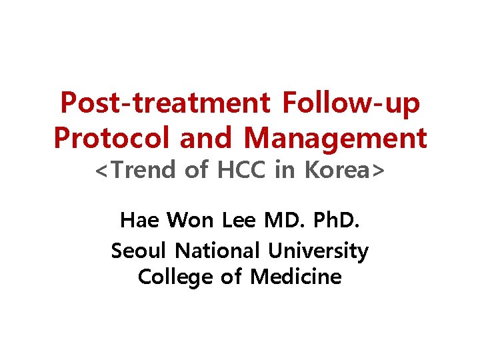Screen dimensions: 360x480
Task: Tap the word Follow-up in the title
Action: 352,104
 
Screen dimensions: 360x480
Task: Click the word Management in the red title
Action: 335,138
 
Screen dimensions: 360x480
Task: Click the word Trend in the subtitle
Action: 146,170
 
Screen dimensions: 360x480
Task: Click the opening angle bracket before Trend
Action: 102,170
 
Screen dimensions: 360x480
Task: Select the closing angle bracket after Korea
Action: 379,170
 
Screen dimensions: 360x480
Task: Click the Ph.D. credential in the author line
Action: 337,219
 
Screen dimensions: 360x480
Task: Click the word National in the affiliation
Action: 216,251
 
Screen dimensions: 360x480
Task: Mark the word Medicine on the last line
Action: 295,276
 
